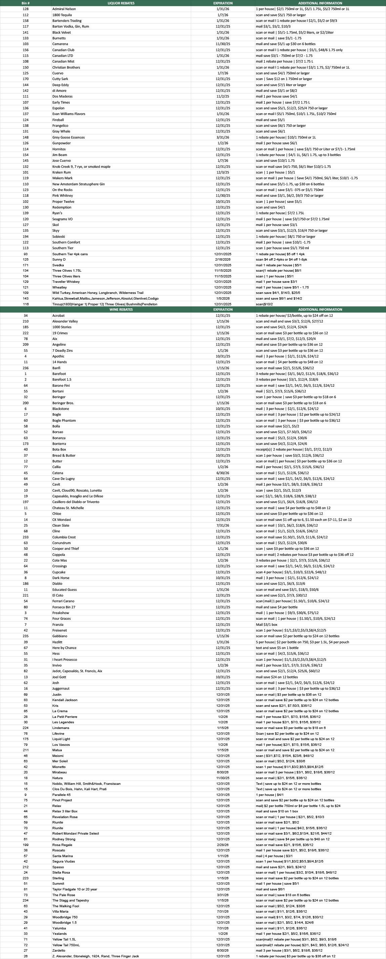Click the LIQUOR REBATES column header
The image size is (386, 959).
coord(121,3)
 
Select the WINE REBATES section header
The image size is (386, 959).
coord(121,309)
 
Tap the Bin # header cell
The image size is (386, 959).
coord(25,3)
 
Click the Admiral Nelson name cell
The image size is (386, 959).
coord(64,9)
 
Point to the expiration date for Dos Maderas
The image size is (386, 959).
coord(223,97)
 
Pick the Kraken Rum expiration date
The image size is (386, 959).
coord(223,172)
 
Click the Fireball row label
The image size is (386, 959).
coord(58,120)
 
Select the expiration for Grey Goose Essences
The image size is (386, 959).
coord(223,138)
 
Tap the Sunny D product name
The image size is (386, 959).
coord(59,260)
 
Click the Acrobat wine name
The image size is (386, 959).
coord(58,316)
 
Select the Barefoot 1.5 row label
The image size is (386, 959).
coord(62,379)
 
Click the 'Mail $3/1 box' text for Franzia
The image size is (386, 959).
coord(266,625)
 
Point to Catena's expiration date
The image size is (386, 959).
coord(223,473)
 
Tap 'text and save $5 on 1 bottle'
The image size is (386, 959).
coord(277,648)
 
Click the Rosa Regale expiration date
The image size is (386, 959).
coord(223,845)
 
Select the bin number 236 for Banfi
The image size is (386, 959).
coord(25,368)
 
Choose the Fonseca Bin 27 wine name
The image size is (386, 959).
coord(63,607)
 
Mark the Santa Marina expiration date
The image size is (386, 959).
coord(223,856)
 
